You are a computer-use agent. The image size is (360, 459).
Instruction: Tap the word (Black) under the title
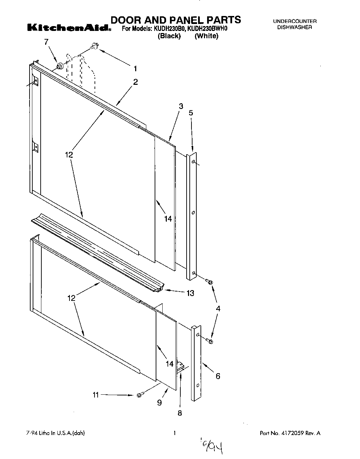[x=169, y=36]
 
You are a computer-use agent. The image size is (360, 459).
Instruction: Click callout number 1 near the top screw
[x=135, y=68]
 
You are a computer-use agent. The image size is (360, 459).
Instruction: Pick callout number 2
[x=136, y=82]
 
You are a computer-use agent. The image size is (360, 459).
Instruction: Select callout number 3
[x=181, y=107]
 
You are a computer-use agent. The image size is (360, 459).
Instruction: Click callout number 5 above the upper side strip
[x=191, y=113]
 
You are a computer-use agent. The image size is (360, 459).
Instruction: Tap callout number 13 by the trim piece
[x=190, y=293]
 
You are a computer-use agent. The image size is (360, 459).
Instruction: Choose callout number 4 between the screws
[x=218, y=308]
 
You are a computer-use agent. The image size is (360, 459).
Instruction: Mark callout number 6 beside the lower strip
[x=218, y=376]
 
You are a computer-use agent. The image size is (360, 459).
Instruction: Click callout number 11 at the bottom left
[x=96, y=395]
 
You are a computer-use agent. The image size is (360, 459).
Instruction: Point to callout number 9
[x=159, y=403]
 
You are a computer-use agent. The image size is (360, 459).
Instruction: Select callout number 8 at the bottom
[x=180, y=413]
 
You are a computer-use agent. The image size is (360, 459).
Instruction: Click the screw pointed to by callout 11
[x=140, y=395]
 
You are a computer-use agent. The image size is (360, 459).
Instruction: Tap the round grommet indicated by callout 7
[x=60, y=65]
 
